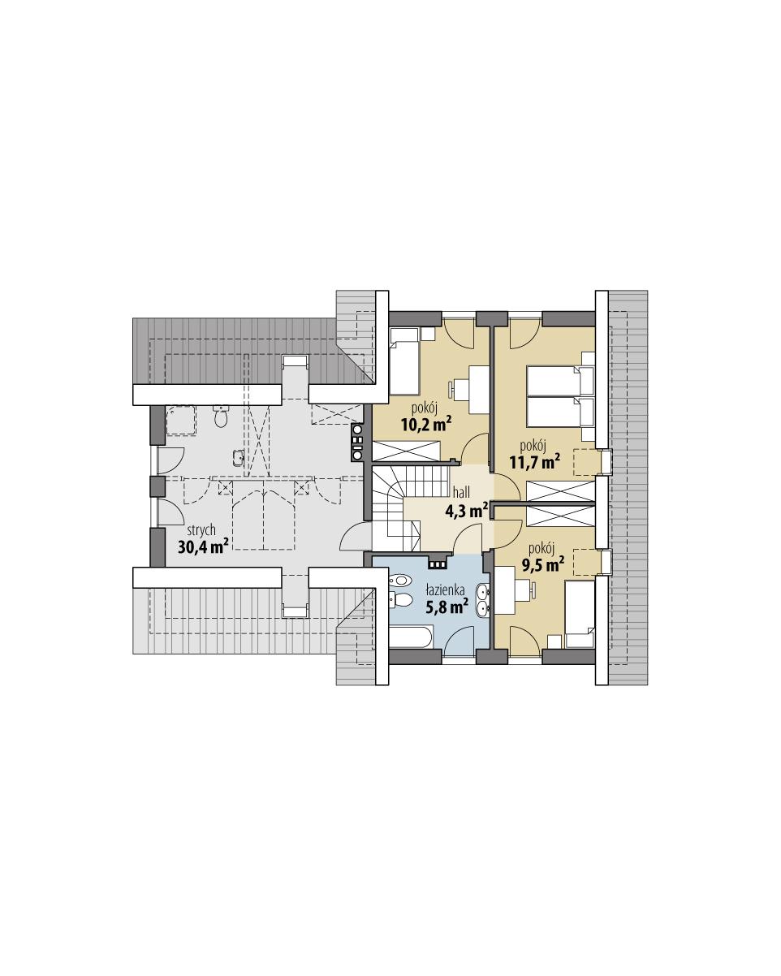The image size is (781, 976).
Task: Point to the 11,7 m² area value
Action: point(534,463)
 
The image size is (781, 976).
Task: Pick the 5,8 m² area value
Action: point(447,607)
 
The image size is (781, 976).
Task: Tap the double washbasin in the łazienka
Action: point(483,599)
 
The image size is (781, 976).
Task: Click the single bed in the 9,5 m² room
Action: point(580,614)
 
